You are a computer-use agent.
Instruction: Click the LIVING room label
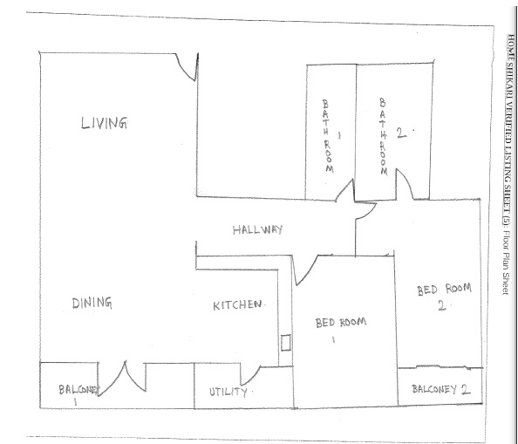pyautogui.click(x=104, y=123)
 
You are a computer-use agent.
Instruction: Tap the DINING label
pyautogui.click(x=92, y=303)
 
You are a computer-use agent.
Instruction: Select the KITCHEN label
pyautogui.click(x=237, y=305)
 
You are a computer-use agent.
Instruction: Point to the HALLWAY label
pyautogui.click(x=257, y=229)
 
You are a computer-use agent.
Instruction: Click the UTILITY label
pyautogui.click(x=228, y=392)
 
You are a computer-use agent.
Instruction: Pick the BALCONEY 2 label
pyautogui.click(x=441, y=389)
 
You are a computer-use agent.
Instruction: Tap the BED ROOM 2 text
pyautogui.click(x=444, y=297)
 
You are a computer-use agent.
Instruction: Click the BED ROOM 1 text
pyautogui.click(x=341, y=328)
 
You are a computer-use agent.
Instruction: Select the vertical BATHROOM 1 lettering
pyautogui.click(x=328, y=136)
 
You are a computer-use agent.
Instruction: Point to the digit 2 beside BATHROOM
pyautogui.click(x=401, y=133)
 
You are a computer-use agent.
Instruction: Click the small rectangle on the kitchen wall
pyautogui.click(x=286, y=343)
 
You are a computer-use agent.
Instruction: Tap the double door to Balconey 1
pyautogui.click(x=123, y=379)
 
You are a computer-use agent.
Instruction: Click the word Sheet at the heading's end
pyautogui.click(x=505, y=283)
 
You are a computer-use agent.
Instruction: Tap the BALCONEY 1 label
pyautogui.click(x=78, y=394)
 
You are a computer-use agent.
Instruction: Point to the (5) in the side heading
pyautogui.click(x=507, y=219)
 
